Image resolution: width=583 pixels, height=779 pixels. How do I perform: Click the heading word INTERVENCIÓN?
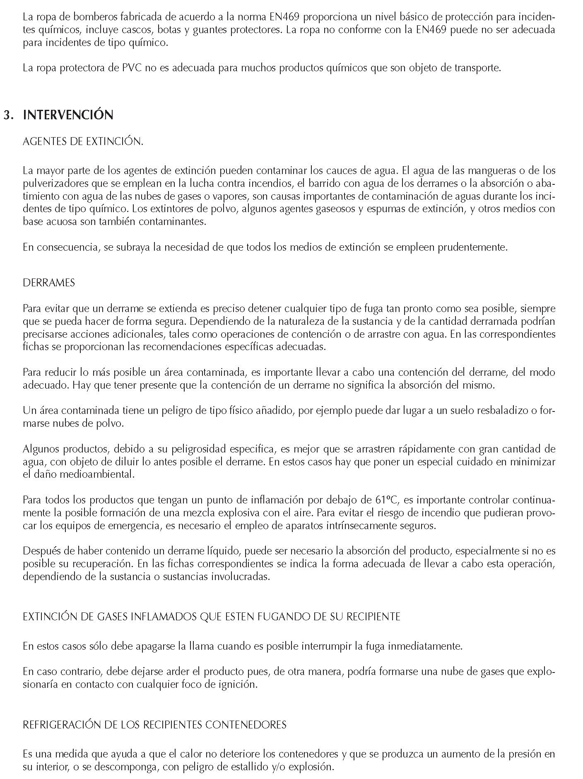point(68,115)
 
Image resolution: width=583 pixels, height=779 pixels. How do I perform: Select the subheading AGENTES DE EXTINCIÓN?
point(83,141)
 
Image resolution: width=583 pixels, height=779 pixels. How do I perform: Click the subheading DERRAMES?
point(49,283)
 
